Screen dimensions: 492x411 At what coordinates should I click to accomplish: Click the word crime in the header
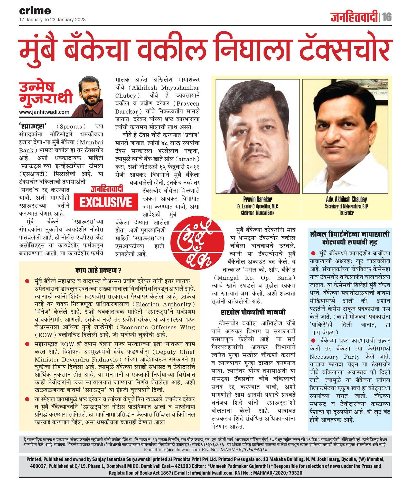pyautogui.click(x=35, y=11)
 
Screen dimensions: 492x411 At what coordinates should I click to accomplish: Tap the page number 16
pyautogui.click(x=387, y=17)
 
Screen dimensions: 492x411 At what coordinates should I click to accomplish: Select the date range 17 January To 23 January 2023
pyautogui.click(x=52, y=20)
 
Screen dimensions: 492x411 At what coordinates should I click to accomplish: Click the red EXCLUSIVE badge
pyautogui.click(x=106, y=202)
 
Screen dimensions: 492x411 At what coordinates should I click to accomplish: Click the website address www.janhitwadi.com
pyautogui.click(x=44, y=112)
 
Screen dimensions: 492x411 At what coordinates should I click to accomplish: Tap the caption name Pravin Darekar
pyautogui.click(x=257, y=199)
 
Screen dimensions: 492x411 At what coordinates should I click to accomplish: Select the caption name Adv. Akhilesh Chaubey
pyautogui.click(x=346, y=199)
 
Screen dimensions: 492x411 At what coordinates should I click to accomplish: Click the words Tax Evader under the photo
pyautogui.click(x=346, y=213)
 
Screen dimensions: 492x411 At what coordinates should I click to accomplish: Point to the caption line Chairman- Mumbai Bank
pyautogui.click(x=257, y=213)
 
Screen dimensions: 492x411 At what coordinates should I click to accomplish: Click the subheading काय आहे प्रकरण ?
pyautogui.click(x=98, y=270)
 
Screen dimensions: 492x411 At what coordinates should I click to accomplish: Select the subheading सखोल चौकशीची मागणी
pyautogui.click(x=253, y=312)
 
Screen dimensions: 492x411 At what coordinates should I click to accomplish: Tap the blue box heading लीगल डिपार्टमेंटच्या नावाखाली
pyautogui.click(x=350, y=234)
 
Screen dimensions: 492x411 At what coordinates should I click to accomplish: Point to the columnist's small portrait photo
pyautogui.click(x=91, y=96)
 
